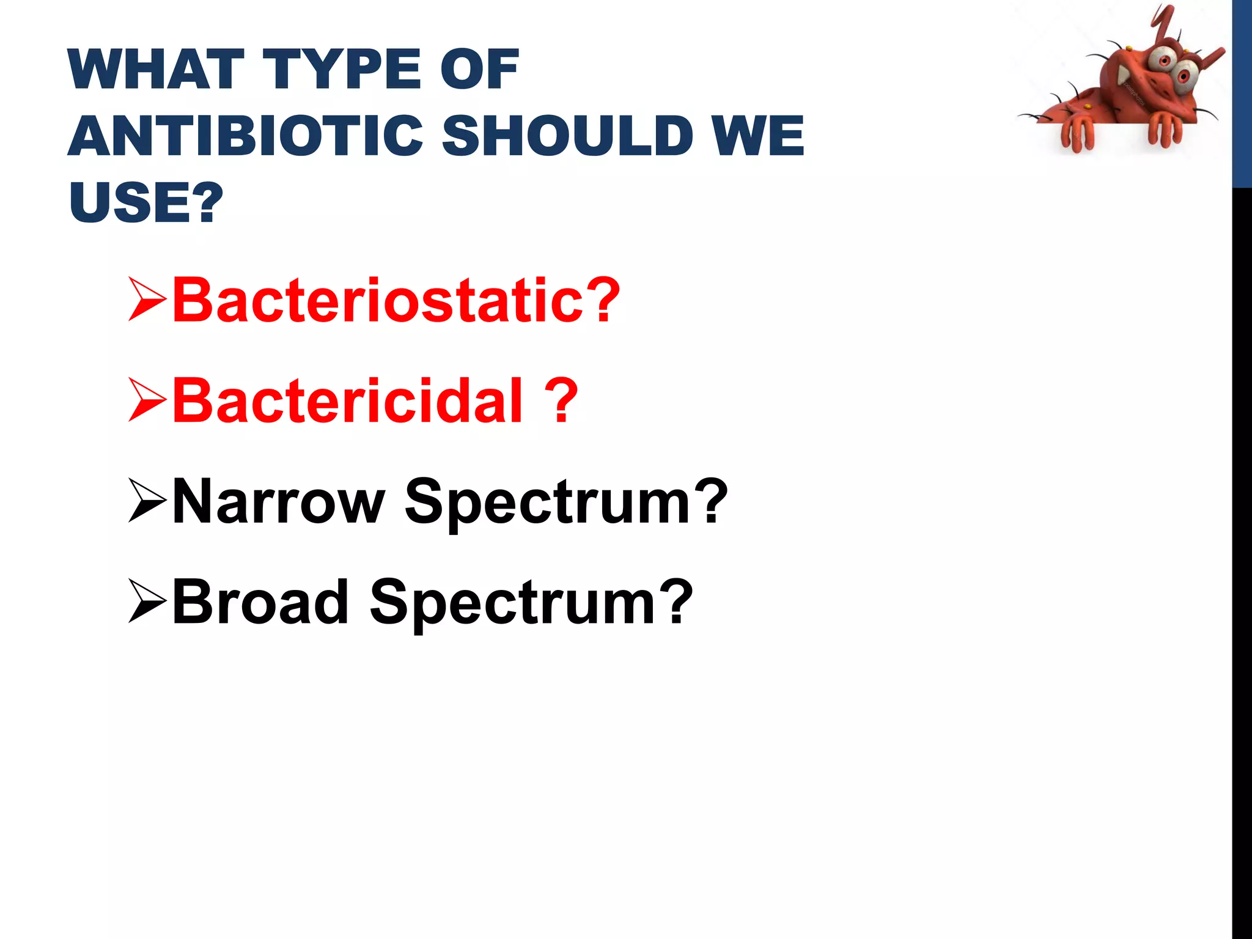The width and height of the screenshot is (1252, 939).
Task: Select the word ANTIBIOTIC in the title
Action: point(245,136)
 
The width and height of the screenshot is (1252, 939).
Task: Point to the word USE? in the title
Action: point(146,202)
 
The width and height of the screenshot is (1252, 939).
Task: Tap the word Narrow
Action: point(279,501)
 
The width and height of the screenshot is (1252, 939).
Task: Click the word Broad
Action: point(260,602)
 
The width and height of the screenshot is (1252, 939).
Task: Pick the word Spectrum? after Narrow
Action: point(566,501)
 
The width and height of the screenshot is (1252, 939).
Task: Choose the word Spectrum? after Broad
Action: point(531,602)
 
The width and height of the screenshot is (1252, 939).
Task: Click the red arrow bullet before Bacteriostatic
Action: point(147,300)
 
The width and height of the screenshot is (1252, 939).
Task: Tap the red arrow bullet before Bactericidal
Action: point(147,400)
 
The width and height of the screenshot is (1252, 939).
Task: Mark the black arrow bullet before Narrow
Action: point(147,501)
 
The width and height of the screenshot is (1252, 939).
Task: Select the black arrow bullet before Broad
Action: point(147,602)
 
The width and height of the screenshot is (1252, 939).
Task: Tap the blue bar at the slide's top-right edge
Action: point(1242,92)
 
